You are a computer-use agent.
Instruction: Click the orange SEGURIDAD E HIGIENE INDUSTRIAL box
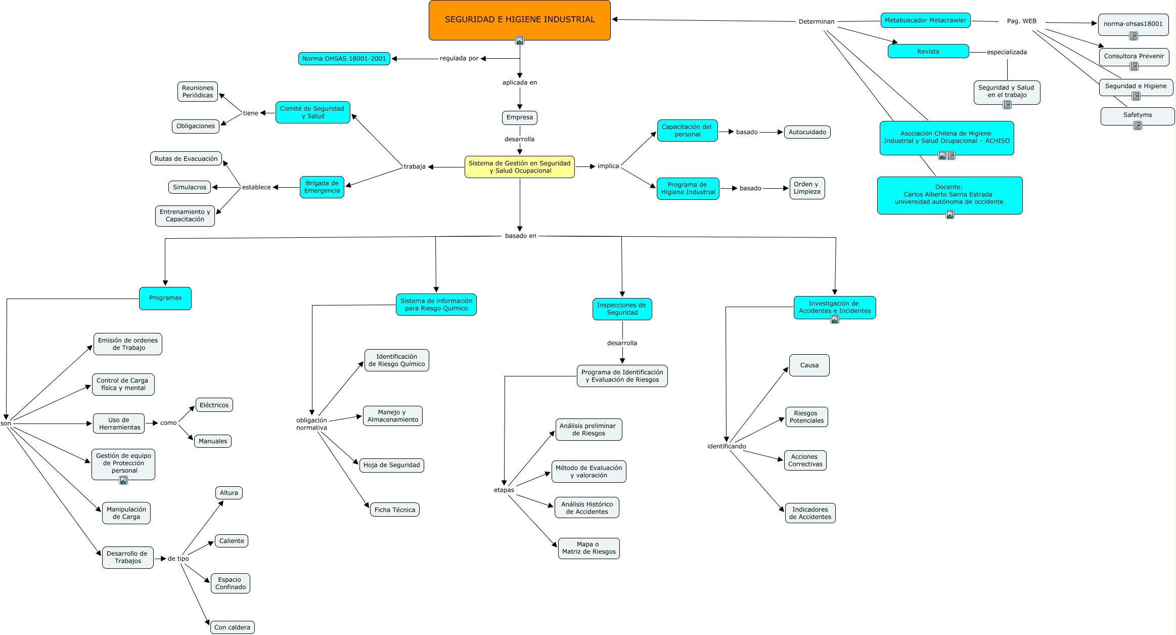(519, 20)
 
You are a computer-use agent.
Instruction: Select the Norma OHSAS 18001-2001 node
(344, 59)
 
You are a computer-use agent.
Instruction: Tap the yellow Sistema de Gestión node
(519, 167)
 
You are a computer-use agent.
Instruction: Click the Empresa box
(519, 117)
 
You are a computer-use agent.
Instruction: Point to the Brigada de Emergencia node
(322, 187)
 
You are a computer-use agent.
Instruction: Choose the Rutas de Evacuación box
(186, 158)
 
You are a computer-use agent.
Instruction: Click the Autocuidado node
(807, 132)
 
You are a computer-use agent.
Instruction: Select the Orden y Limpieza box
(807, 188)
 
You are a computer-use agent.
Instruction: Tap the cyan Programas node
(165, 298)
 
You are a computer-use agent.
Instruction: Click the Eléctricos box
(214, 405)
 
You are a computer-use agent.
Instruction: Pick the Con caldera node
(232, 627)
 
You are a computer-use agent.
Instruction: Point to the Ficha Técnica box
(395, 510)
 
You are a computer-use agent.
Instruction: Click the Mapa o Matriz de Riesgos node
(589, 548)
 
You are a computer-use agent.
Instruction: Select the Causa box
(809, 365)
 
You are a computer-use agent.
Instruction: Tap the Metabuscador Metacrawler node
(925, 20)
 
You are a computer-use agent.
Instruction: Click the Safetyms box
(1138, 116)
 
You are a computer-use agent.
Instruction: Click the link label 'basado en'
(520, 236)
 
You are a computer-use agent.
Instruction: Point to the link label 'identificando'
(726, 446)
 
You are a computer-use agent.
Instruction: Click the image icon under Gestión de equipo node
(123, 480)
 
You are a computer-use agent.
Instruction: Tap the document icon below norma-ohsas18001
(1134, 36)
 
